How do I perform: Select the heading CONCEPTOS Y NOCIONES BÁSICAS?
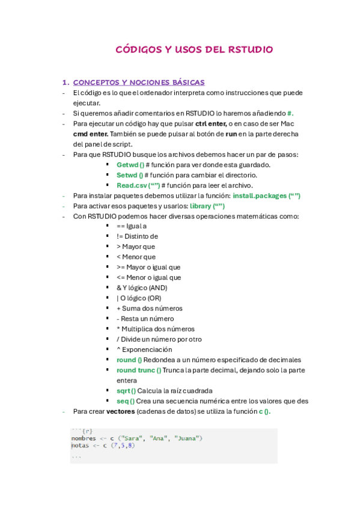[x=138, y=82]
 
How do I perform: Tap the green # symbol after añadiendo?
[x=290, y=113]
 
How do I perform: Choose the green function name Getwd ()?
[x=130, y=165]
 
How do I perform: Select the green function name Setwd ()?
[x=130, y=175]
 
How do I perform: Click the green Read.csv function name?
[x=138, y=185]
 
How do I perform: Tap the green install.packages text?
[x=266, y=196]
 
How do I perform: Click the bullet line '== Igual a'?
[x=132, y=226]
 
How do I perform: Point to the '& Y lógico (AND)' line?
[x=142, y=287]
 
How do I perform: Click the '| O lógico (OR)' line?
[x=139, y=298]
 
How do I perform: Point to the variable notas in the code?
[x=81, y=446]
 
